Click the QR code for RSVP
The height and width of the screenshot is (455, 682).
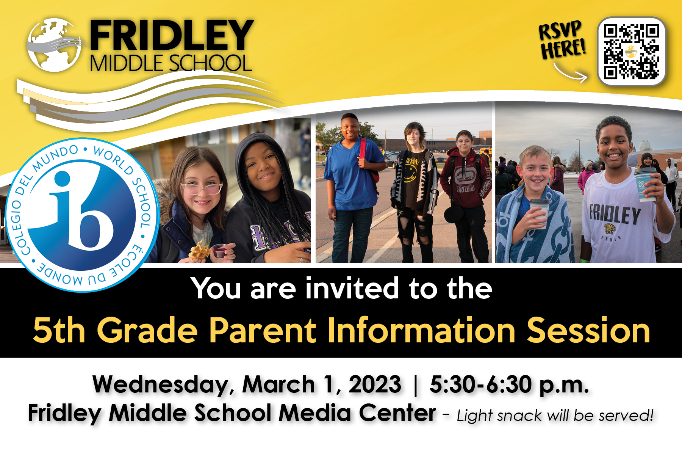click(631, 52)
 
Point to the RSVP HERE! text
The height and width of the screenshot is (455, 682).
click(562, 40)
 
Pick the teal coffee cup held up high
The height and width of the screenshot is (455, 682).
click(646, 184)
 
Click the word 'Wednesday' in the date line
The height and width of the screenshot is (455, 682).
click(161, 385)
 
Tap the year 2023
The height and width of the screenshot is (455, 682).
click(375, 385)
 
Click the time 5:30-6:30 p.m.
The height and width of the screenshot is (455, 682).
click(509, 385)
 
